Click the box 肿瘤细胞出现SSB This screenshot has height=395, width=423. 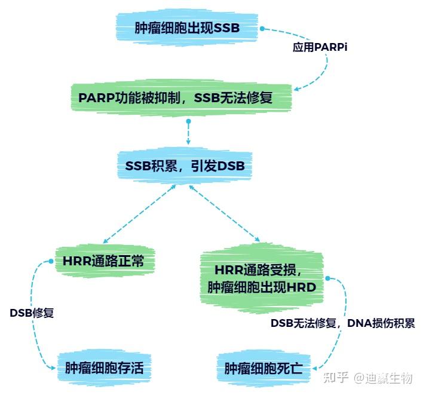[188, 28]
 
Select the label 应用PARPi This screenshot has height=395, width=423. [320, 47]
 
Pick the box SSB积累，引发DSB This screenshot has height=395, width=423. [185, 166]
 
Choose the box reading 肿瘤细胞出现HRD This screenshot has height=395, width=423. [261, 287]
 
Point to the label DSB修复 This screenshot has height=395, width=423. [32, 313]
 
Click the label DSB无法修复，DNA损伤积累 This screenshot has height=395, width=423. [342, 323]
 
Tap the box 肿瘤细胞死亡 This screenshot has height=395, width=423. [263, 369]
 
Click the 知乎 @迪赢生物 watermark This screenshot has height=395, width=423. [367, 378]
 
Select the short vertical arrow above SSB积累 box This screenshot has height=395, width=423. [188, 133]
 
